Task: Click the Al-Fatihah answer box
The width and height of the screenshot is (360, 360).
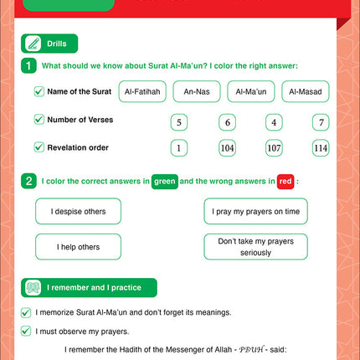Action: coord(143,92)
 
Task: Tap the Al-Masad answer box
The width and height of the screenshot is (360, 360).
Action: coord(305,92)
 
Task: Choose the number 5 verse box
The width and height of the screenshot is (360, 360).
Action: coord(178,122)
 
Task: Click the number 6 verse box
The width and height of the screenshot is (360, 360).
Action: coord(226,122)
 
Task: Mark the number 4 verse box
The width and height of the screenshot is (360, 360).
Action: coord(273,122)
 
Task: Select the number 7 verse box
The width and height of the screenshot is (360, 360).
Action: coord(320,122)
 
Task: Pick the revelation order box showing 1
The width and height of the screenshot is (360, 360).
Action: coord(178,148)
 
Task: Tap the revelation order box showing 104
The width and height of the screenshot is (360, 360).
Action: coord(226,148)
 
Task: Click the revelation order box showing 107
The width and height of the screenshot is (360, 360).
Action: coord(273,148)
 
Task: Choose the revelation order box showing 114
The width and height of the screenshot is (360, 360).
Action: coord(320,148)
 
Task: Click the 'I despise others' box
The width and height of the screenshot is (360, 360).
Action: coord(78,212)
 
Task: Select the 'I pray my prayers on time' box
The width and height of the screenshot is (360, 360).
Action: coord(256,212)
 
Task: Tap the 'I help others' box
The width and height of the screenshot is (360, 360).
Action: coord(78,247)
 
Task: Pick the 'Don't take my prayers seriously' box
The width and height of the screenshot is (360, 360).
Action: coord(256,246)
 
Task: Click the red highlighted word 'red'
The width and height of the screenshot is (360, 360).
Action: coord(286,180)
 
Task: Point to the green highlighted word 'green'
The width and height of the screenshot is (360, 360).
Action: coord(164,180)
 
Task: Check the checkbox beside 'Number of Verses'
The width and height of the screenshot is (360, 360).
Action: coord(39,120)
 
